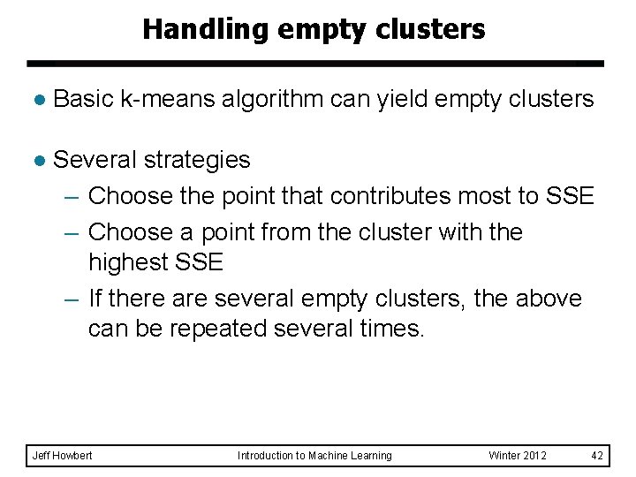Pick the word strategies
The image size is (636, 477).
[196, 160]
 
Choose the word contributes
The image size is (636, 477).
[370, 196]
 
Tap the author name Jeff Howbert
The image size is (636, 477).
[62, 456]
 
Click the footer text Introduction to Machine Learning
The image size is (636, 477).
[314, 456]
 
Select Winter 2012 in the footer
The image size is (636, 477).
[518, 456]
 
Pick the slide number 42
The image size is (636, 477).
[597, 456]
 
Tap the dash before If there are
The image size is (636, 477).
[73, 299]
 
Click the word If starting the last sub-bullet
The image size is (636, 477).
[95, 299]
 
